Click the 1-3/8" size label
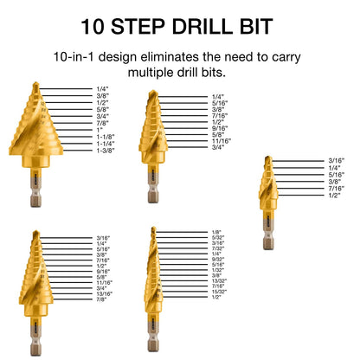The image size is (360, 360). pos(106,151)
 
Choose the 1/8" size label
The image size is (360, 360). pos(215,232)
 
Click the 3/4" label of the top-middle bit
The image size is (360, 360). pos(217,147)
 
